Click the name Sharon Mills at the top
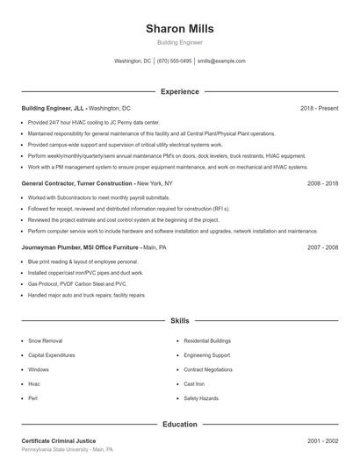(179, 28)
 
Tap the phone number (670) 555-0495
(175, 61)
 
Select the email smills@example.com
(221, 61)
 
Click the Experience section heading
(179, 91)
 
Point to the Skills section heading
(179, 322)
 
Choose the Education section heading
(179, 425)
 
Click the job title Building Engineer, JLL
(54, 108)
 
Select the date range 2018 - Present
(319, 108)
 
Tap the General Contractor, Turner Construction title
(78, 183)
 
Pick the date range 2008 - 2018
(322, 183)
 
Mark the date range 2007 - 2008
(322, 247)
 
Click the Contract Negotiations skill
(208, 369)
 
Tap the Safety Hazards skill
(201, 398)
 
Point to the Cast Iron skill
(194, 384)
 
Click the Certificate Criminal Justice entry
(59, 440)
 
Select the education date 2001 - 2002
(322, 440)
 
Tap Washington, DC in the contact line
(133, 61)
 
